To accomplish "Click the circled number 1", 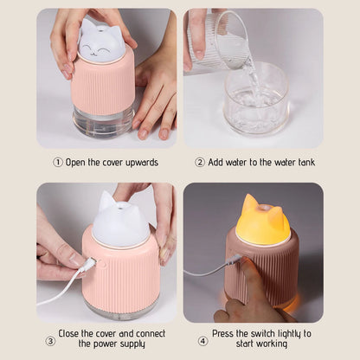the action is [58, 163].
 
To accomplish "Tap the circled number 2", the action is [200, 163].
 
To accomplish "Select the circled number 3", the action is [50, 341].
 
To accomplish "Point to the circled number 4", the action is [202, 341].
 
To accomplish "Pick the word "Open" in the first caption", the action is [75, 163].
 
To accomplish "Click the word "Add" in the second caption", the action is [215, 162].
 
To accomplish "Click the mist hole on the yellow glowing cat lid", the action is [263, 208].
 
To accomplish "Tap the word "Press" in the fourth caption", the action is [223, 333].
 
